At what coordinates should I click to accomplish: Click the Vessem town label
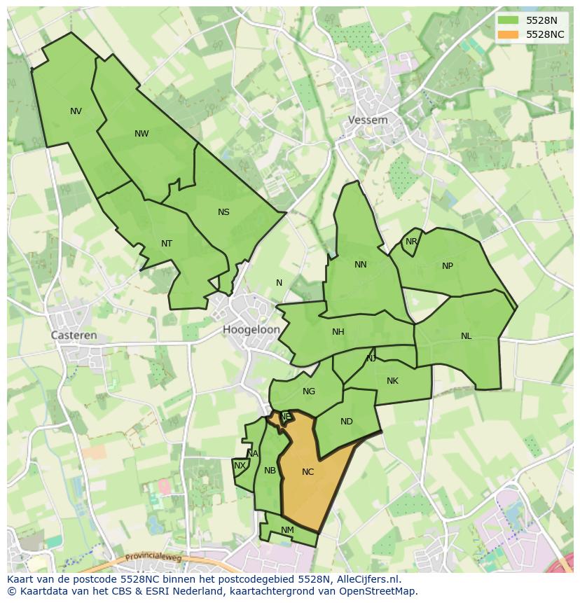[x=368, y=120]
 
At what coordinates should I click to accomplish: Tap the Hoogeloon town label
[x=251, y=329]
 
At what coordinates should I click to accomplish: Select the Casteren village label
[x=74, y=335]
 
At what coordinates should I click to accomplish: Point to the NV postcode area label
[x=76, y=111]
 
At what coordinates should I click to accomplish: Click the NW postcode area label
[x=141, y=134]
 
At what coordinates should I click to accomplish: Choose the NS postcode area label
[x=223, y=212]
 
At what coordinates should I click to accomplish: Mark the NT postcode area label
[x=167, y=244]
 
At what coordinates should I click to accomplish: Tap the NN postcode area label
[x=361, y=265]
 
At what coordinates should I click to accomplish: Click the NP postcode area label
[x=448, y=266]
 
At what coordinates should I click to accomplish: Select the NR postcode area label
[x=411, y=242]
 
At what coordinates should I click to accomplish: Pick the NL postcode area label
[x=467, y=336]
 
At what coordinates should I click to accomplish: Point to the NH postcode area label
[x=338, y=332]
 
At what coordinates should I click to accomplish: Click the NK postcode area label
[x=392, y=381]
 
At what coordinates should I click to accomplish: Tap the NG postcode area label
[x=309, y=391]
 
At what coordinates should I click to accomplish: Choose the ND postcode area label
[x=347, y=422]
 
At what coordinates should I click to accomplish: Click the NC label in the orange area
[x=308, y=472]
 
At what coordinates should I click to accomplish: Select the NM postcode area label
[x=287, y=530]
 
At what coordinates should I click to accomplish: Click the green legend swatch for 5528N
[x=508, y=20]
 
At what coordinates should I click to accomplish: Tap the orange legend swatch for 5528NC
[x=508, y=34]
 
